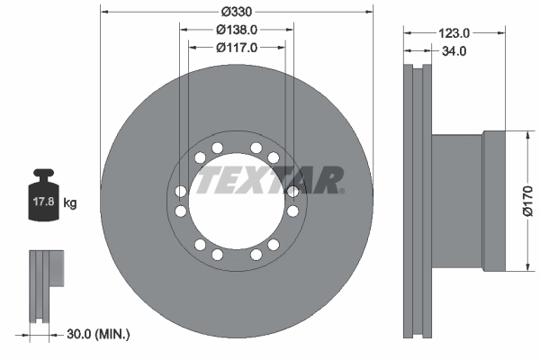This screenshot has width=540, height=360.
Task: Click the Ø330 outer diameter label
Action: pyautogui.click(x=235, y=12)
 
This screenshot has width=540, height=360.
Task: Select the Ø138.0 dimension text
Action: pyautogui.click(x=236, y=30)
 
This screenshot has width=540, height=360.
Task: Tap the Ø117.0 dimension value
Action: pyautogui.click(x=236, y=48)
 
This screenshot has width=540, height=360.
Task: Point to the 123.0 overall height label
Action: pyautogui.click(x=455, y=33)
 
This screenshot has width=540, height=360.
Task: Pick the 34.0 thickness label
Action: pyautogui.click(x=454, y=51)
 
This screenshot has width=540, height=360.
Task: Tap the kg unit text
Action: pyautogui.click(x=69, y=203)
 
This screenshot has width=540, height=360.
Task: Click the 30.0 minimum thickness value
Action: pyautogui.click(x=81, y=334)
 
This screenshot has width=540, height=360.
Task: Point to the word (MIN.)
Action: pyautogui.click(x=114, y=334)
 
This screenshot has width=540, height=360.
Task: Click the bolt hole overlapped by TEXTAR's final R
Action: pyautogui.click(x=292, y=191)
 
